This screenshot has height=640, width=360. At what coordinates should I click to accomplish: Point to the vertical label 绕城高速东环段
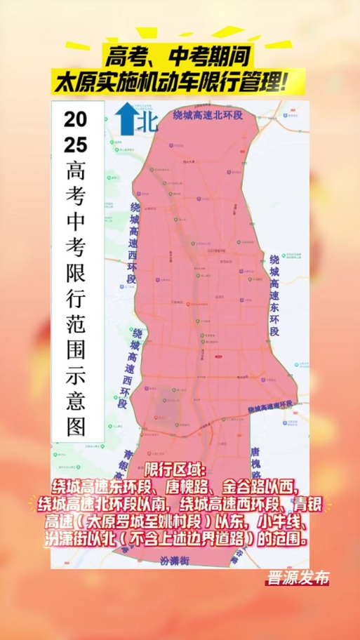click(x=274, y=295)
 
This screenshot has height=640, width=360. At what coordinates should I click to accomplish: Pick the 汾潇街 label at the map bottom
click(x=175, y=561)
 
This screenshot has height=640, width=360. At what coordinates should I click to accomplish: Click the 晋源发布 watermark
click(x=296, y=580)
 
